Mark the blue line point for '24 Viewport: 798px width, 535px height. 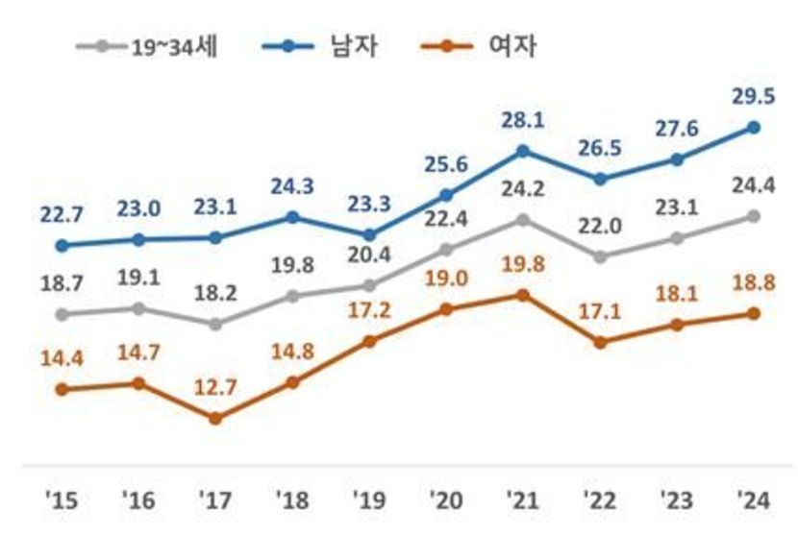pos(754,127)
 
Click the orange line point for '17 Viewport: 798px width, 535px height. pos(215,418)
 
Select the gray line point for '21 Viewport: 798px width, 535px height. pos(523,220)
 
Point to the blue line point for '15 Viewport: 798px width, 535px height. pos(62,245)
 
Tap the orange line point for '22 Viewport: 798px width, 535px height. pos(600,342)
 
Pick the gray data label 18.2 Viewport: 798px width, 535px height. pos(215,291)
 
